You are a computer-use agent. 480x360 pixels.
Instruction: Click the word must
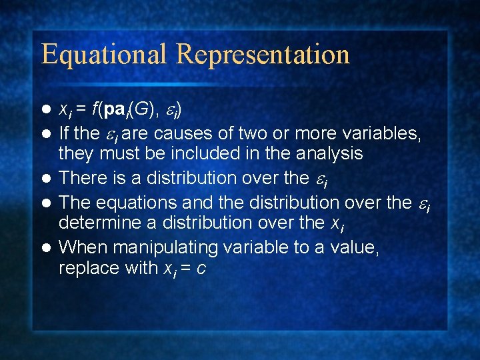(118, 154)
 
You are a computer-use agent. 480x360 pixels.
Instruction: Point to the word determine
(96, 222)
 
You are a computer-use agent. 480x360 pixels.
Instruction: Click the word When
(81, 247)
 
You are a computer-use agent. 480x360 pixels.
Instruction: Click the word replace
(85, 269)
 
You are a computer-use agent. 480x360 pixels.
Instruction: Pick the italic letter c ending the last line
(219, 270)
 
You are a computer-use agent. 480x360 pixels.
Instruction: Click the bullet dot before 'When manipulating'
(46, 248)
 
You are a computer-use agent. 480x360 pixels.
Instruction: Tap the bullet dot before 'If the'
(46, 134)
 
